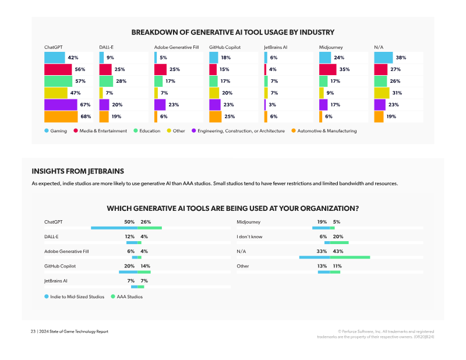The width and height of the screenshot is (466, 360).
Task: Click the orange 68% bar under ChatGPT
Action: pos(61,117)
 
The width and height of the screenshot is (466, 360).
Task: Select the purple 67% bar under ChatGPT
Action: pos(61,105)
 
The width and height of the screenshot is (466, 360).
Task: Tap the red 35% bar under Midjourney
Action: pos(327,69)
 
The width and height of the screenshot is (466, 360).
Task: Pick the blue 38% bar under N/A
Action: pos(383,58)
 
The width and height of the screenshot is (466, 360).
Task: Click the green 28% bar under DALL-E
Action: pos(106,81)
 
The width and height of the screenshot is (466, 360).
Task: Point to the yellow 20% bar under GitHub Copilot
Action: pos(214,93)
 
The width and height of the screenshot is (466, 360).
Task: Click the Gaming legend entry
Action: pos(55,131)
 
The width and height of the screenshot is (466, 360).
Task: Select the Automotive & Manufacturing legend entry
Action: pos(324,131)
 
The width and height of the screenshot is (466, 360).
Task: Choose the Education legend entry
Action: pos(147,131)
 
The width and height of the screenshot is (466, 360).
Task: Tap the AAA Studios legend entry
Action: pos(126,297)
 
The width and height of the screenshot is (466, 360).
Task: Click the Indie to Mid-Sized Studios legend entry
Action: pos(75,297)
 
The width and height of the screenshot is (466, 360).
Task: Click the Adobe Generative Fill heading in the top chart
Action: pos(176,47)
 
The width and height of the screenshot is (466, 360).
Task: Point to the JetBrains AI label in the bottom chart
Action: pos(55,281)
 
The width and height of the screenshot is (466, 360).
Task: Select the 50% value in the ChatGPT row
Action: pos(129,222)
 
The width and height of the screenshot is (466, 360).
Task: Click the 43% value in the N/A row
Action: pos(338,252)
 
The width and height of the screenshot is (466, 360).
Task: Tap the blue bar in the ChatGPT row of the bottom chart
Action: pos(114,228)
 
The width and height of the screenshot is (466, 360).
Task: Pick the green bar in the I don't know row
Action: pos(339,242)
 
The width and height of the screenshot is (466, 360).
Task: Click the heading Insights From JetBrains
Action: pos(78,171)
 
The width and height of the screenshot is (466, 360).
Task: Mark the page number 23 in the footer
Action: pos(33,331)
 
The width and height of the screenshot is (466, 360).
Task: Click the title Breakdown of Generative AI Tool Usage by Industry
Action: pos(233,33)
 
